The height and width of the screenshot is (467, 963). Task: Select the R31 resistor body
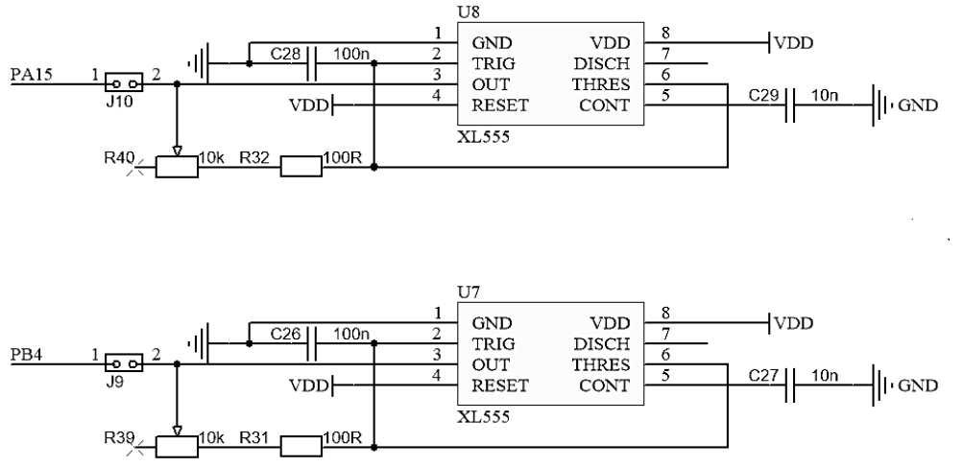pos(300,446)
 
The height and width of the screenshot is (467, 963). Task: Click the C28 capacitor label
pos(285,56)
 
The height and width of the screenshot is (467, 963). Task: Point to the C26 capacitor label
pos(285,335)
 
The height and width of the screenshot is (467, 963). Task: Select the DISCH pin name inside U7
pos(603,344)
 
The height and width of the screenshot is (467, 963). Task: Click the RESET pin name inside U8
pos(498,105)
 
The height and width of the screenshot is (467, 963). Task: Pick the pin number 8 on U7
pos(664,314)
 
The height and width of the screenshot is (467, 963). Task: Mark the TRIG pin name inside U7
pos(493,344)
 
